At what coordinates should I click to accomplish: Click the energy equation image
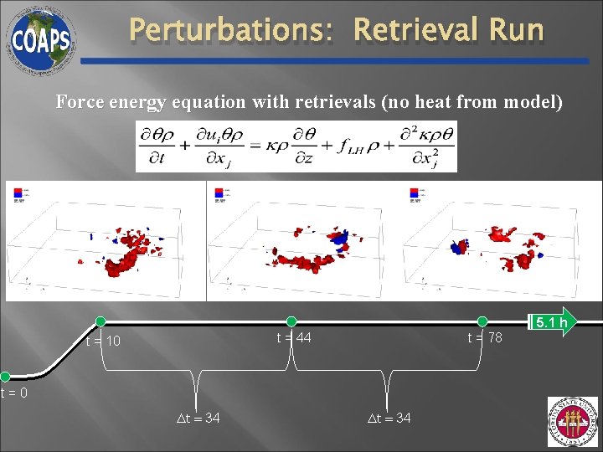click(296, 146)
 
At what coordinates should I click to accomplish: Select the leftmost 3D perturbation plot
click(105, 241)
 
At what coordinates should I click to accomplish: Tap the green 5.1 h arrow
click(552, 321)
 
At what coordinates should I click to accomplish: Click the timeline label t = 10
click(103, 342)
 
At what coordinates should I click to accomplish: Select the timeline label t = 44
click(294, 337)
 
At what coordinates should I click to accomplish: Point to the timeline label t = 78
click(485, 337)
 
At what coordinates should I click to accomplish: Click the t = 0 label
click(14, 393)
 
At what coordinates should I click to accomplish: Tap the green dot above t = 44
click(291, 321)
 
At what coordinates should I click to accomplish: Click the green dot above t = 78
click(482, 321)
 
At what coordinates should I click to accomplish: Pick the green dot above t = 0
click(5, 377)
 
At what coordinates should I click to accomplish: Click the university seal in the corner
click(573, 422)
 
